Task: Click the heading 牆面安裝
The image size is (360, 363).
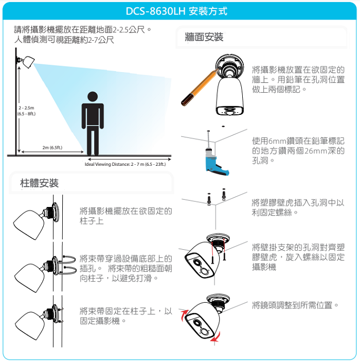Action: coord(204,37)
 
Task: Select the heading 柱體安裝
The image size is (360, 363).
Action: coord(39,183)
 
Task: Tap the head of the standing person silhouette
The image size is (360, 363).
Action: coord(93,96)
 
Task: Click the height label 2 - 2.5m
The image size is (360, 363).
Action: coord(26,108)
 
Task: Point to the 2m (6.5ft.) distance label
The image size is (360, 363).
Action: coord(52,147)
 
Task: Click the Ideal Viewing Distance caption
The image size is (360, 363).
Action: coord(125,164)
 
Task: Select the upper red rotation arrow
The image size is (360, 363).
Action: coord(184,315)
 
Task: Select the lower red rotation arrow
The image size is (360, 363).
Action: coord(215,337)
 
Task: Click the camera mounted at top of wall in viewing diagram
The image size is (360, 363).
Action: coord(26,61)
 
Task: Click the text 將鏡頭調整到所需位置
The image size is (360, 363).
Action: coord(292,305)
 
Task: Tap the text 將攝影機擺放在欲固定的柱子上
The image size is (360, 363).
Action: coord(126,216)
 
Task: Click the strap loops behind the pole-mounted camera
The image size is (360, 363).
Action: coord(69,265)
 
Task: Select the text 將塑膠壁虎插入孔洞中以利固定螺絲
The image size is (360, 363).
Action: coord(298,208)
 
